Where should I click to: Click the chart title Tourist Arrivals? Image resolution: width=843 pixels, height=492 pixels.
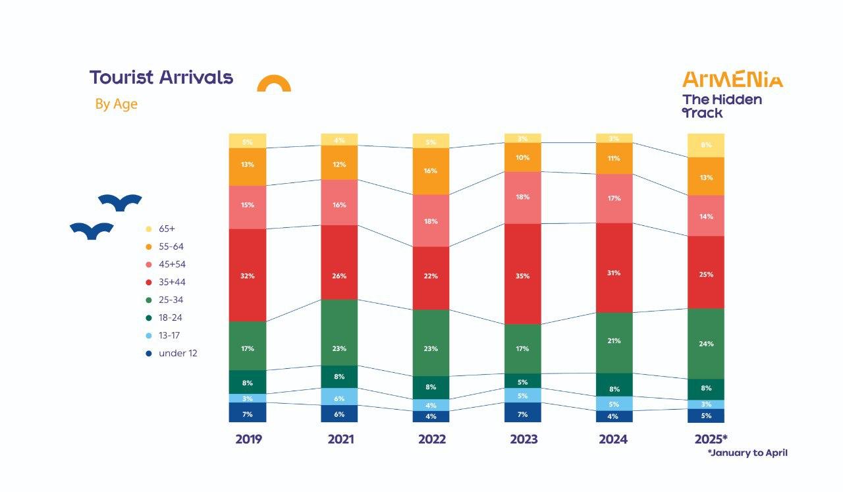click(161, 78)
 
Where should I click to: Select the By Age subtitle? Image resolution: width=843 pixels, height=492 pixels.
click(116, 104)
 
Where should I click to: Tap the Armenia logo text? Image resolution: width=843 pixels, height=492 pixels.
click(732, 80)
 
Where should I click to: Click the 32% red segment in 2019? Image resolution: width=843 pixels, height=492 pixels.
click(248, 275)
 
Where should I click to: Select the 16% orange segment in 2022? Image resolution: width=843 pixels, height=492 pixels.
click(431, 171)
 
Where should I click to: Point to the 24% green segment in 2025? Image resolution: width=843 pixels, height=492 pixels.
click(705, 343)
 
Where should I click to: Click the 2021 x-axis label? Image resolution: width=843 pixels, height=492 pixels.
click(340, 439)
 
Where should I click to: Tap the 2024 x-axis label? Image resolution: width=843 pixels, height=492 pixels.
click(613, 439)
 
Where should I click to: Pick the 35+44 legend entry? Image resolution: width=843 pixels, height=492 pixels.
click(171, 283)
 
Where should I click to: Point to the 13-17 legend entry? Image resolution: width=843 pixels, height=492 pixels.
click(170, 336)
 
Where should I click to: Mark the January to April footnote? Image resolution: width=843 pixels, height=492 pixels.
click(748, 453)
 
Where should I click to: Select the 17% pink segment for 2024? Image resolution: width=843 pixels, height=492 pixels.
click(614, 198)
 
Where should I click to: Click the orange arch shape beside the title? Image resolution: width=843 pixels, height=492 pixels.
click(274, 84)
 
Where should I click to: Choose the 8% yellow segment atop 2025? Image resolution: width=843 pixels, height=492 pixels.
click(705, 146)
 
